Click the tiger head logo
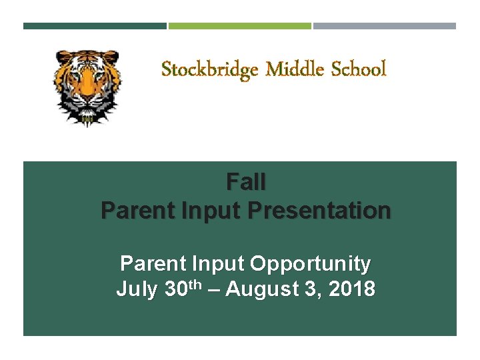coord(87,87)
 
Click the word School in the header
coord(357,69)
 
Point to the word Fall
coord(246,181)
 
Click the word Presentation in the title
coord(319,211)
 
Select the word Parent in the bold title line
coord(137,211)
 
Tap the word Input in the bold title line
coord(212,211)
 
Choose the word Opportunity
coord(310,264)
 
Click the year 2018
coord(353,290)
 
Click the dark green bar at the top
coord(95,26)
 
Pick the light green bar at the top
coord(240,26)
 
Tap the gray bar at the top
coord(385,26)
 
